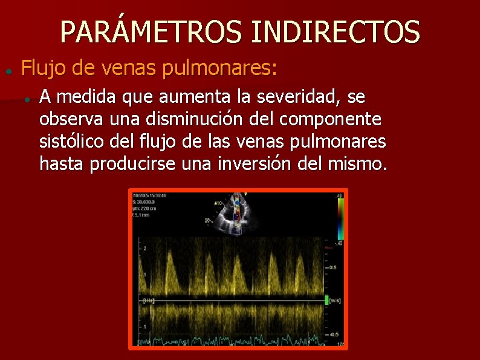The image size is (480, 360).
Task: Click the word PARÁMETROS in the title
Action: pyautogui.click(x=152, y=32)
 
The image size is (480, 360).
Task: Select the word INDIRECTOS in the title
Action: pyautogui.click(x=335, y=32)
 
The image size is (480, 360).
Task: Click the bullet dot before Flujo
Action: pyautogui.click(x=8, y=71)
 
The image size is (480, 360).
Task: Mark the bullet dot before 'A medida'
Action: pyautogui.click(x=28, y=99)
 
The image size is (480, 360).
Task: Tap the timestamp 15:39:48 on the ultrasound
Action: pyautogui.click(x=157, y=195)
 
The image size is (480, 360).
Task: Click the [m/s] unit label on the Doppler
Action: pyautogui.click(x=335, y=299)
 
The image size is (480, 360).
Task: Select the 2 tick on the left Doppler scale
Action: pyautogui.click(x=144, y=249)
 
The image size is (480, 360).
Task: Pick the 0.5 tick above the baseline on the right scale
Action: pyautogui.click(x=332, y=267)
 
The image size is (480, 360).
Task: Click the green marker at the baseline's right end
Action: pyautogui.click(x=326, y=299)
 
